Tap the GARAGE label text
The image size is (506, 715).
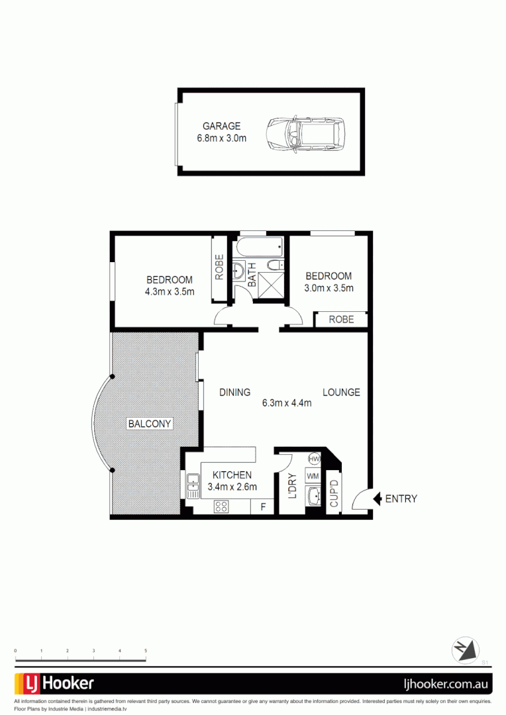tap(221, 126)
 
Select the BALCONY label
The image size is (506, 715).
tap(150, 424)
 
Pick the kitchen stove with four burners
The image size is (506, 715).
tap(221, 506)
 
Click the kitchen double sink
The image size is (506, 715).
tap(193, 486)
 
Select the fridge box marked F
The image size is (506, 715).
tap(263, 507)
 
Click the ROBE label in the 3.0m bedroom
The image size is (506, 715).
tap(341, 319)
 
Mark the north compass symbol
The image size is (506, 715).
tap(465, 649)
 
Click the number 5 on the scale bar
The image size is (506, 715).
tap(145, 651)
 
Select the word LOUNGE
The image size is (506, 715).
tap(341, 392)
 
